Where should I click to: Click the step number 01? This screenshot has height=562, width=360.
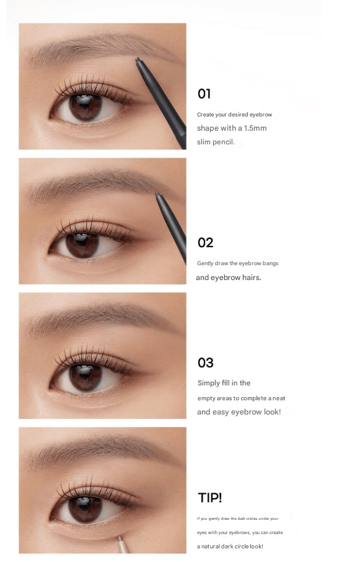[x=204, y=94]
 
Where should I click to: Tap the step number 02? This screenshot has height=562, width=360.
[x=206, y=243]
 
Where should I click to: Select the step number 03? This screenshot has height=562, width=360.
[x=206, y=362]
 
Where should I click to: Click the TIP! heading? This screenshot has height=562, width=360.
[x=210, y=498]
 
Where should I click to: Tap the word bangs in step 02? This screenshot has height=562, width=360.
[x=270, y=263]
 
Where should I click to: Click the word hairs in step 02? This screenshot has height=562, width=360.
[x=252, y=278]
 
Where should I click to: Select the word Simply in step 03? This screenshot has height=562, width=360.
[x=208, y=383]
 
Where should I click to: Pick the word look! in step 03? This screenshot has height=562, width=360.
[x=272, y=412]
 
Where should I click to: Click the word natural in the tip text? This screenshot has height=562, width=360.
[x=210, y=547]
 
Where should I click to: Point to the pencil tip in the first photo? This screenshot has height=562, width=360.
[x=138, y=59]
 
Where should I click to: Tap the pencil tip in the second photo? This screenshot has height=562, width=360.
[x=157, y=195]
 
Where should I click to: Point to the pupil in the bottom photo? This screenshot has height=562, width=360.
[x=86, y=509]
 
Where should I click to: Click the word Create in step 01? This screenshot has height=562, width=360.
[x=206, y=115]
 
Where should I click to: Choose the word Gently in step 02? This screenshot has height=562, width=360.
[x=205, y=263]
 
